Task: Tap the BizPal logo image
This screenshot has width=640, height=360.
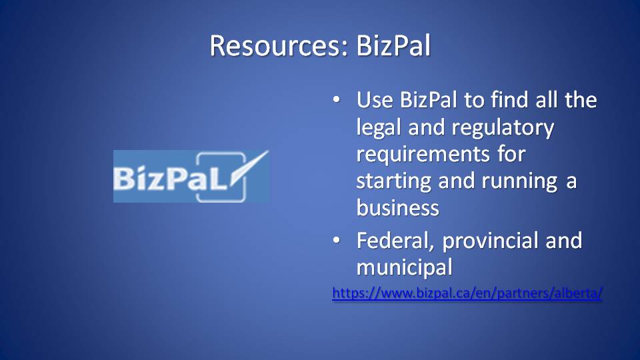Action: coord(191,176)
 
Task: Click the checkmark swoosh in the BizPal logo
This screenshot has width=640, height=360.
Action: coord(249,167)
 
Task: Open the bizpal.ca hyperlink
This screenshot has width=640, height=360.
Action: coord(467,293)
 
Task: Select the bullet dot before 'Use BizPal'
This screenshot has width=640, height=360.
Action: coord(336,99)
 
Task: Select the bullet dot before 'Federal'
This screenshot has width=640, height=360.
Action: coord(336,241)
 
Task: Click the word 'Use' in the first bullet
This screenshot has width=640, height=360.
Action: coord(375,99)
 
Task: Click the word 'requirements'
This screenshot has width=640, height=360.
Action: coord(423,155)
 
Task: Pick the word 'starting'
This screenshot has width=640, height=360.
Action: coord(394,181)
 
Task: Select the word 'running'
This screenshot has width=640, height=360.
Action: coord(519,181)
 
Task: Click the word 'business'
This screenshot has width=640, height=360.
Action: coord(398,207)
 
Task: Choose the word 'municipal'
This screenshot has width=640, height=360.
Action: coord(405,268)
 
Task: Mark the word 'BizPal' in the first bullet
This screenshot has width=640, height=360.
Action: coord(429,99)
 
